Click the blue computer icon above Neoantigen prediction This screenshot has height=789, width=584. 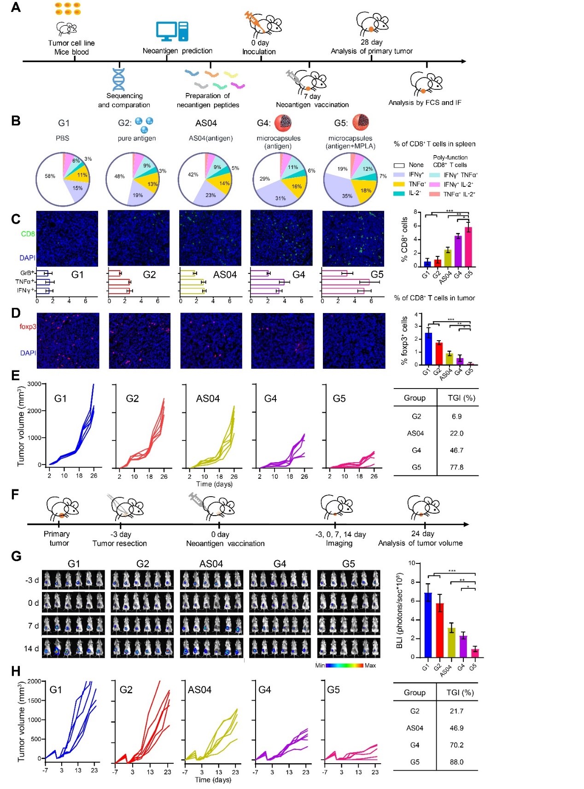click(x=172, y=31)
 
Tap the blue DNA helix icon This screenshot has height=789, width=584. click(x=118, y=79)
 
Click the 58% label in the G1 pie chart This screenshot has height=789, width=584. click(x=50, y=176)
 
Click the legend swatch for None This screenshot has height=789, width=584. click(x=399, y=165)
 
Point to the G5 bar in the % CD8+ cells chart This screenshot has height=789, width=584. click(x=468, y=247)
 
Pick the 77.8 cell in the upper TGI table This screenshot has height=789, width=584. click(x=456, y=467)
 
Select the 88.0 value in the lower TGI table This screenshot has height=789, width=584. click(x=456, y=762)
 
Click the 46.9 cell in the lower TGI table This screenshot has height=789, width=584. click(x=456, y=728)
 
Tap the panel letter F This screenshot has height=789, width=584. click(x=15, y=495)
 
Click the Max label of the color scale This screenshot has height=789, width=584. click(x=370, y=666)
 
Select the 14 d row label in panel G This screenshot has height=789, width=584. click(x=31, y=649)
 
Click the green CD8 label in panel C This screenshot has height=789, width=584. click(x=28, y=234)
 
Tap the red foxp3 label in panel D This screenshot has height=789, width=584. click(x=28, y=327)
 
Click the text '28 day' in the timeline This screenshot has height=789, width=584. click(x=371, y=42)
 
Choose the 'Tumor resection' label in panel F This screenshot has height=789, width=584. click(x=120, y=543)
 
